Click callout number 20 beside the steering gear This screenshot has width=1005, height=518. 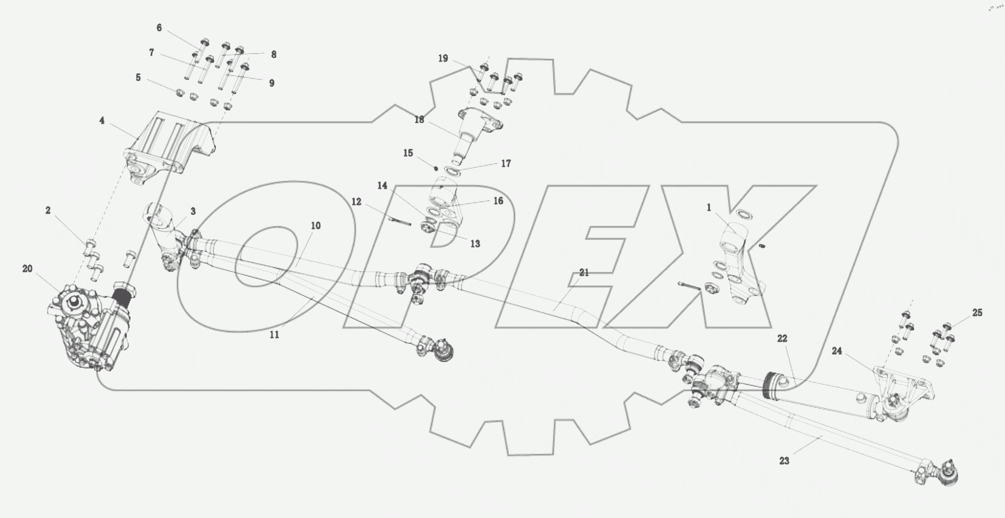click(x=27, y=269)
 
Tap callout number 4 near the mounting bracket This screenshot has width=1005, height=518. click(x=102, y=120)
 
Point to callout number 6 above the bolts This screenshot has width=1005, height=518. click(x=159, y=28)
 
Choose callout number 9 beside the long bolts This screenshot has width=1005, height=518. click(x=272, y=83)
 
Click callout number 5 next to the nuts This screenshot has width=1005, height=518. click(x=138, y=78)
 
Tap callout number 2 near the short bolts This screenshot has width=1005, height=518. click(x=48, y=210)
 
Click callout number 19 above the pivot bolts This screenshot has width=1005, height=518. click(x=443, y=59)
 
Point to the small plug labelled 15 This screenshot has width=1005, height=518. click(x=436, y=168)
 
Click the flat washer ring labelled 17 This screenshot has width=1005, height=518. click(x=452, y=171)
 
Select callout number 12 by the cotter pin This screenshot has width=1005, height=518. click(x=356, y=202)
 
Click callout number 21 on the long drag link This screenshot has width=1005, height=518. click(x=584, y=273)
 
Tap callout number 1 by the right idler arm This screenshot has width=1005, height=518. click(x=709, y=208)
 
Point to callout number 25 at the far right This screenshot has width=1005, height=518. click(x=977, y=313)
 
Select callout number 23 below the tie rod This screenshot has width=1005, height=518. click(x=784, y=461)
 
